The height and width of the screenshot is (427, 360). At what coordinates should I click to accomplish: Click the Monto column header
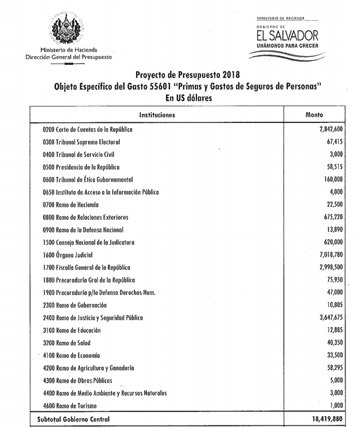tap(315, 115)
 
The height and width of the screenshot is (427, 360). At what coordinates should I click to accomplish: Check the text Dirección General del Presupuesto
tap(69, 57)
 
